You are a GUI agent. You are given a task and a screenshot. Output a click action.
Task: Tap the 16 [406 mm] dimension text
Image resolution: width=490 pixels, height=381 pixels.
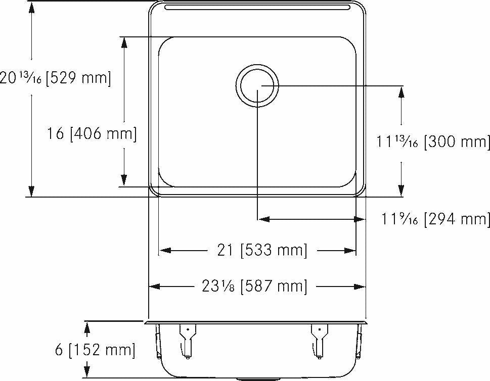[x=92, y=134]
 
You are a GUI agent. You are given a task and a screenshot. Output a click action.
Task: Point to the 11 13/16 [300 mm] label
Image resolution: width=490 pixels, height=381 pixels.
[x=433, y=142]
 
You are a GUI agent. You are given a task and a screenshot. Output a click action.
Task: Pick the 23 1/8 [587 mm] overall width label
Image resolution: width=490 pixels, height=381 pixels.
[x=254, y=287]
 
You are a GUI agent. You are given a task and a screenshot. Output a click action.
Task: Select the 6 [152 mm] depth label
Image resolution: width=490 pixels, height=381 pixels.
[x=95, y=350]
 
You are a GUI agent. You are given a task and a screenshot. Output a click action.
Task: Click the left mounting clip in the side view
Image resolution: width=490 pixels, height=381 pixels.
[x=187, y=339]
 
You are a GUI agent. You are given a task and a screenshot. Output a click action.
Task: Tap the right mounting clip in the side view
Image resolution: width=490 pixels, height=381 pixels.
[x=319, y=339]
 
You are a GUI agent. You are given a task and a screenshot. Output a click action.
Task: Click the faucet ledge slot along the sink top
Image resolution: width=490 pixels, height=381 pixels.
[x=257, y=8]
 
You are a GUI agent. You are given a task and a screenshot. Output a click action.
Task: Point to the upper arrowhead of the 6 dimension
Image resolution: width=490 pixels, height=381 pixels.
[x=87, y=327]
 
